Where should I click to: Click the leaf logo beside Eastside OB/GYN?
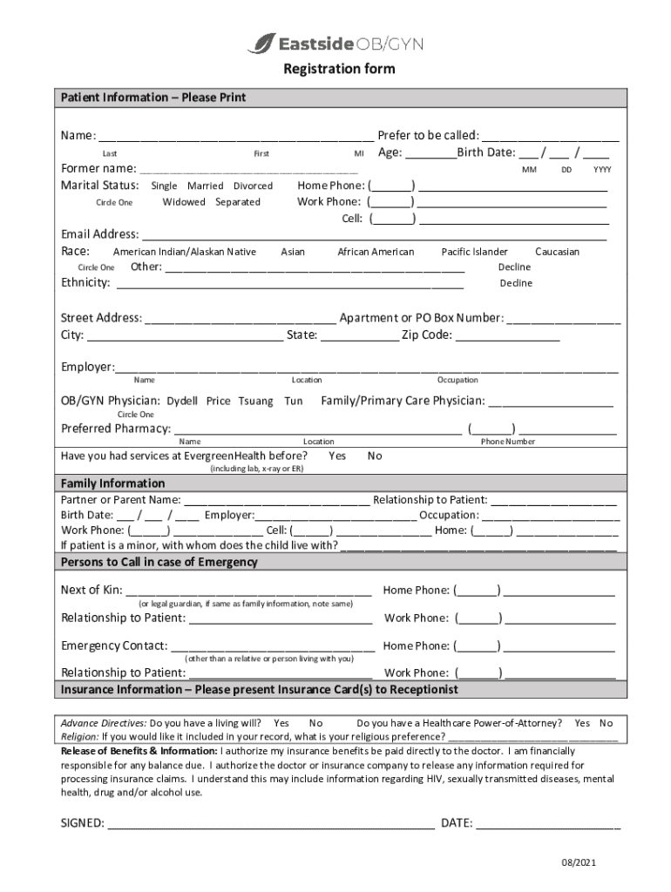(261, 43)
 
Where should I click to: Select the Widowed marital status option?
(184, 202)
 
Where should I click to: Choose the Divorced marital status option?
(253, 186)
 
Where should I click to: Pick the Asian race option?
(293, 252)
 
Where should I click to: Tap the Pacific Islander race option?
(474, 252)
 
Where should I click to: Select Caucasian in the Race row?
(557, 252)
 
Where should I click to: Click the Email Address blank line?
(375, 235)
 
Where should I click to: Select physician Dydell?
(182, 402)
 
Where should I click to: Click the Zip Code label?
(426, 335)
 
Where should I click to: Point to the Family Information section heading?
(112, 483)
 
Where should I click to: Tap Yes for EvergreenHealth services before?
(337, 456)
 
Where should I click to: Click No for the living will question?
(315, 723)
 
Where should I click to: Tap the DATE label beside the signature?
(457, 823)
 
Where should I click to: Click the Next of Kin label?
(91, 591)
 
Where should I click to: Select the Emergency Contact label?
(113, 645)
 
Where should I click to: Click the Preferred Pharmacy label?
(115, 429)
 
